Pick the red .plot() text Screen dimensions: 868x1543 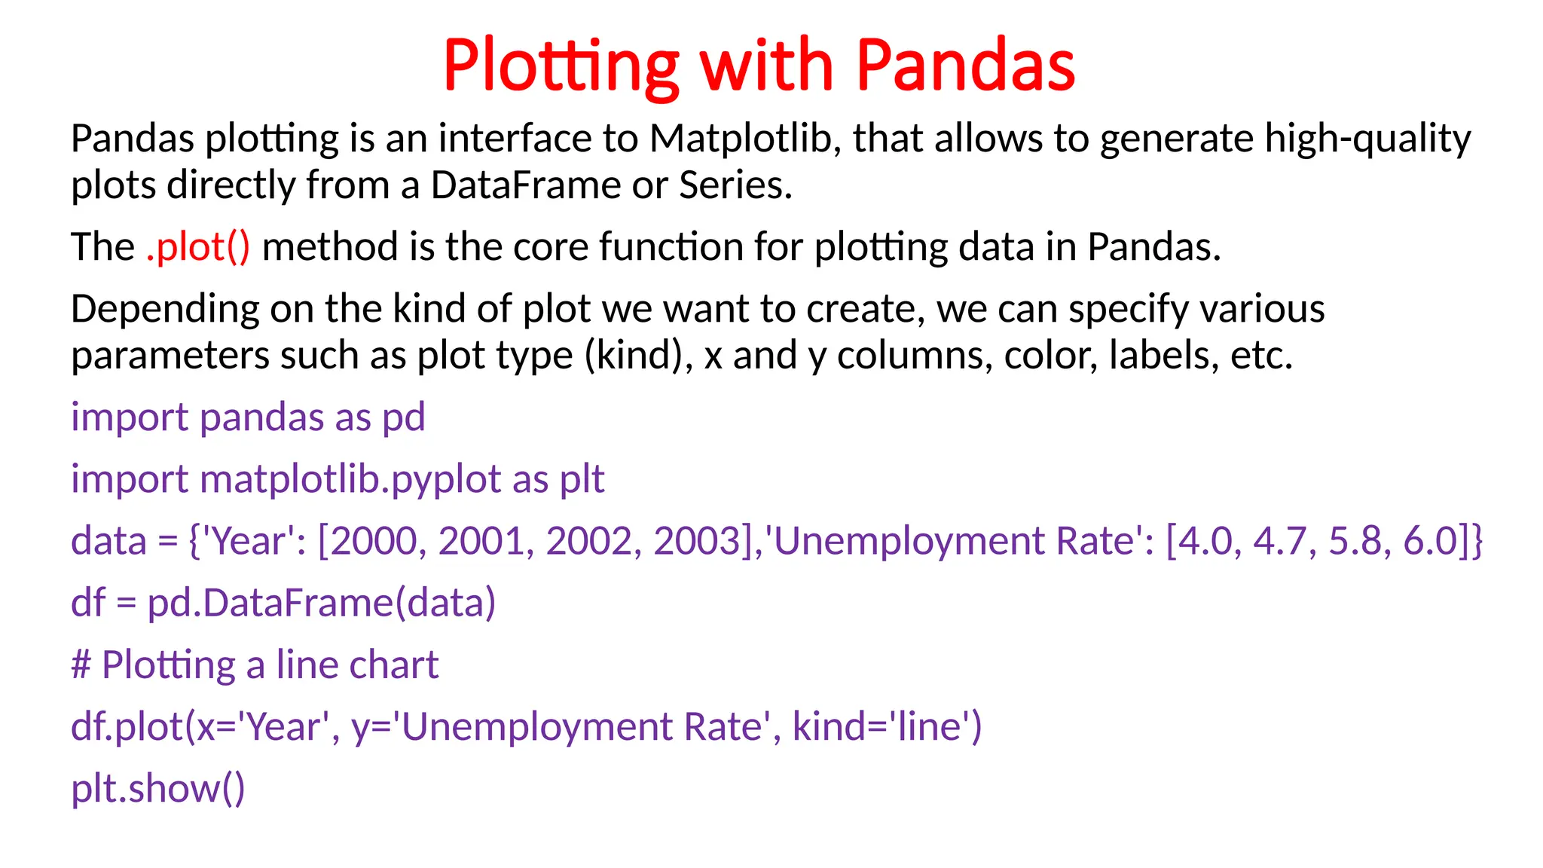(197, 247)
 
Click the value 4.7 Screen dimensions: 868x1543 (1285, 542)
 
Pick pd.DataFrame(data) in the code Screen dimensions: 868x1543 (321, 604)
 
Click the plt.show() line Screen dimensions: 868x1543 (158, 789)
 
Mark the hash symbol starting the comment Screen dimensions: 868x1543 (81, 665)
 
